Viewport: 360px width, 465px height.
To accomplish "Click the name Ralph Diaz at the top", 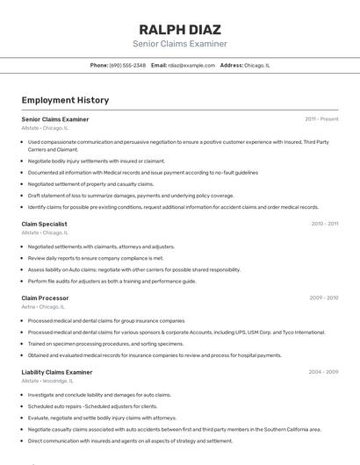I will [180, 29].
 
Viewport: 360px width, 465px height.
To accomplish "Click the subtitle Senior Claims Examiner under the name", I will [180, 44].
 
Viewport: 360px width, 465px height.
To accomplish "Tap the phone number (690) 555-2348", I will [127, 65].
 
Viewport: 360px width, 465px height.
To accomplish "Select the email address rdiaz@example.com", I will [191, 65].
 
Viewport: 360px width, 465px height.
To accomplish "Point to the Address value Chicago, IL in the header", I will [257, 65].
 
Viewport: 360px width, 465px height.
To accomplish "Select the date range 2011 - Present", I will [321, 118].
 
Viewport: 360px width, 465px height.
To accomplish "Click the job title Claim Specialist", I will [45, 224].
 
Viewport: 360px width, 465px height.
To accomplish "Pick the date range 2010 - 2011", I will [324, 224].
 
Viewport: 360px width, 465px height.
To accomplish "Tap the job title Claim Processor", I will [45, 297].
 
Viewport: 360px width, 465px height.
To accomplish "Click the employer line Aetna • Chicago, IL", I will [43, 307].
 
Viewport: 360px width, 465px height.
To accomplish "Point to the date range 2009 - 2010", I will [324, 297].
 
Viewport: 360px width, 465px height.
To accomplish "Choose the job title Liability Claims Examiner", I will [57, 372].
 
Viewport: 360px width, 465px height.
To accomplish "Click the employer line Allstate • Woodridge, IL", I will [47, 382].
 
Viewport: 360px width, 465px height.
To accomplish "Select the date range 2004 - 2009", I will [323, 372].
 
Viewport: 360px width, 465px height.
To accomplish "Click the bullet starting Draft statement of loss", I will [131, 196].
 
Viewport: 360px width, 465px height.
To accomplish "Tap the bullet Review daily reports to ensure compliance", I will [96, 258].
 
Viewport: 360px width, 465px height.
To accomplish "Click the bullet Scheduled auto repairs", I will [92, 406].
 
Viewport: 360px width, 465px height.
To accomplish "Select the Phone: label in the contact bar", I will [98, 65].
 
